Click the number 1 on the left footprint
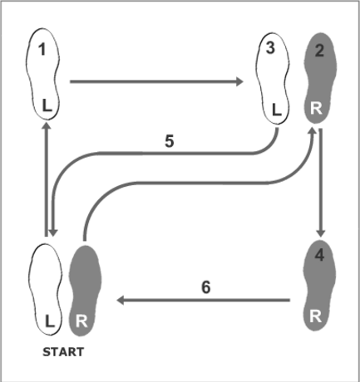(42, 50)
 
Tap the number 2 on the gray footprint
(319, 51)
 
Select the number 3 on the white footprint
(270, 48)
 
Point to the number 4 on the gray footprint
(319, 255)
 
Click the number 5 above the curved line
(170, 141)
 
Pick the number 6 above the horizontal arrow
(205, 287)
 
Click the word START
(63, 352)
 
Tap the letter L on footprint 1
(47, 105)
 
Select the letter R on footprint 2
(316, 108)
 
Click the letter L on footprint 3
(277, 110)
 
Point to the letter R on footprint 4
(316, 316)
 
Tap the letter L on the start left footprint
(49, 321)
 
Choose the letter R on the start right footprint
(81, 321)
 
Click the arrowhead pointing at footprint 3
(239, 81)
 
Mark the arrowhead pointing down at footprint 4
(321, 233)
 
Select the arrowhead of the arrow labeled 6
(121, 300)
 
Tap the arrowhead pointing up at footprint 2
(313, 130)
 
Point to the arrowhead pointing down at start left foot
(53, 233)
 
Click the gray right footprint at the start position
(85, 291)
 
